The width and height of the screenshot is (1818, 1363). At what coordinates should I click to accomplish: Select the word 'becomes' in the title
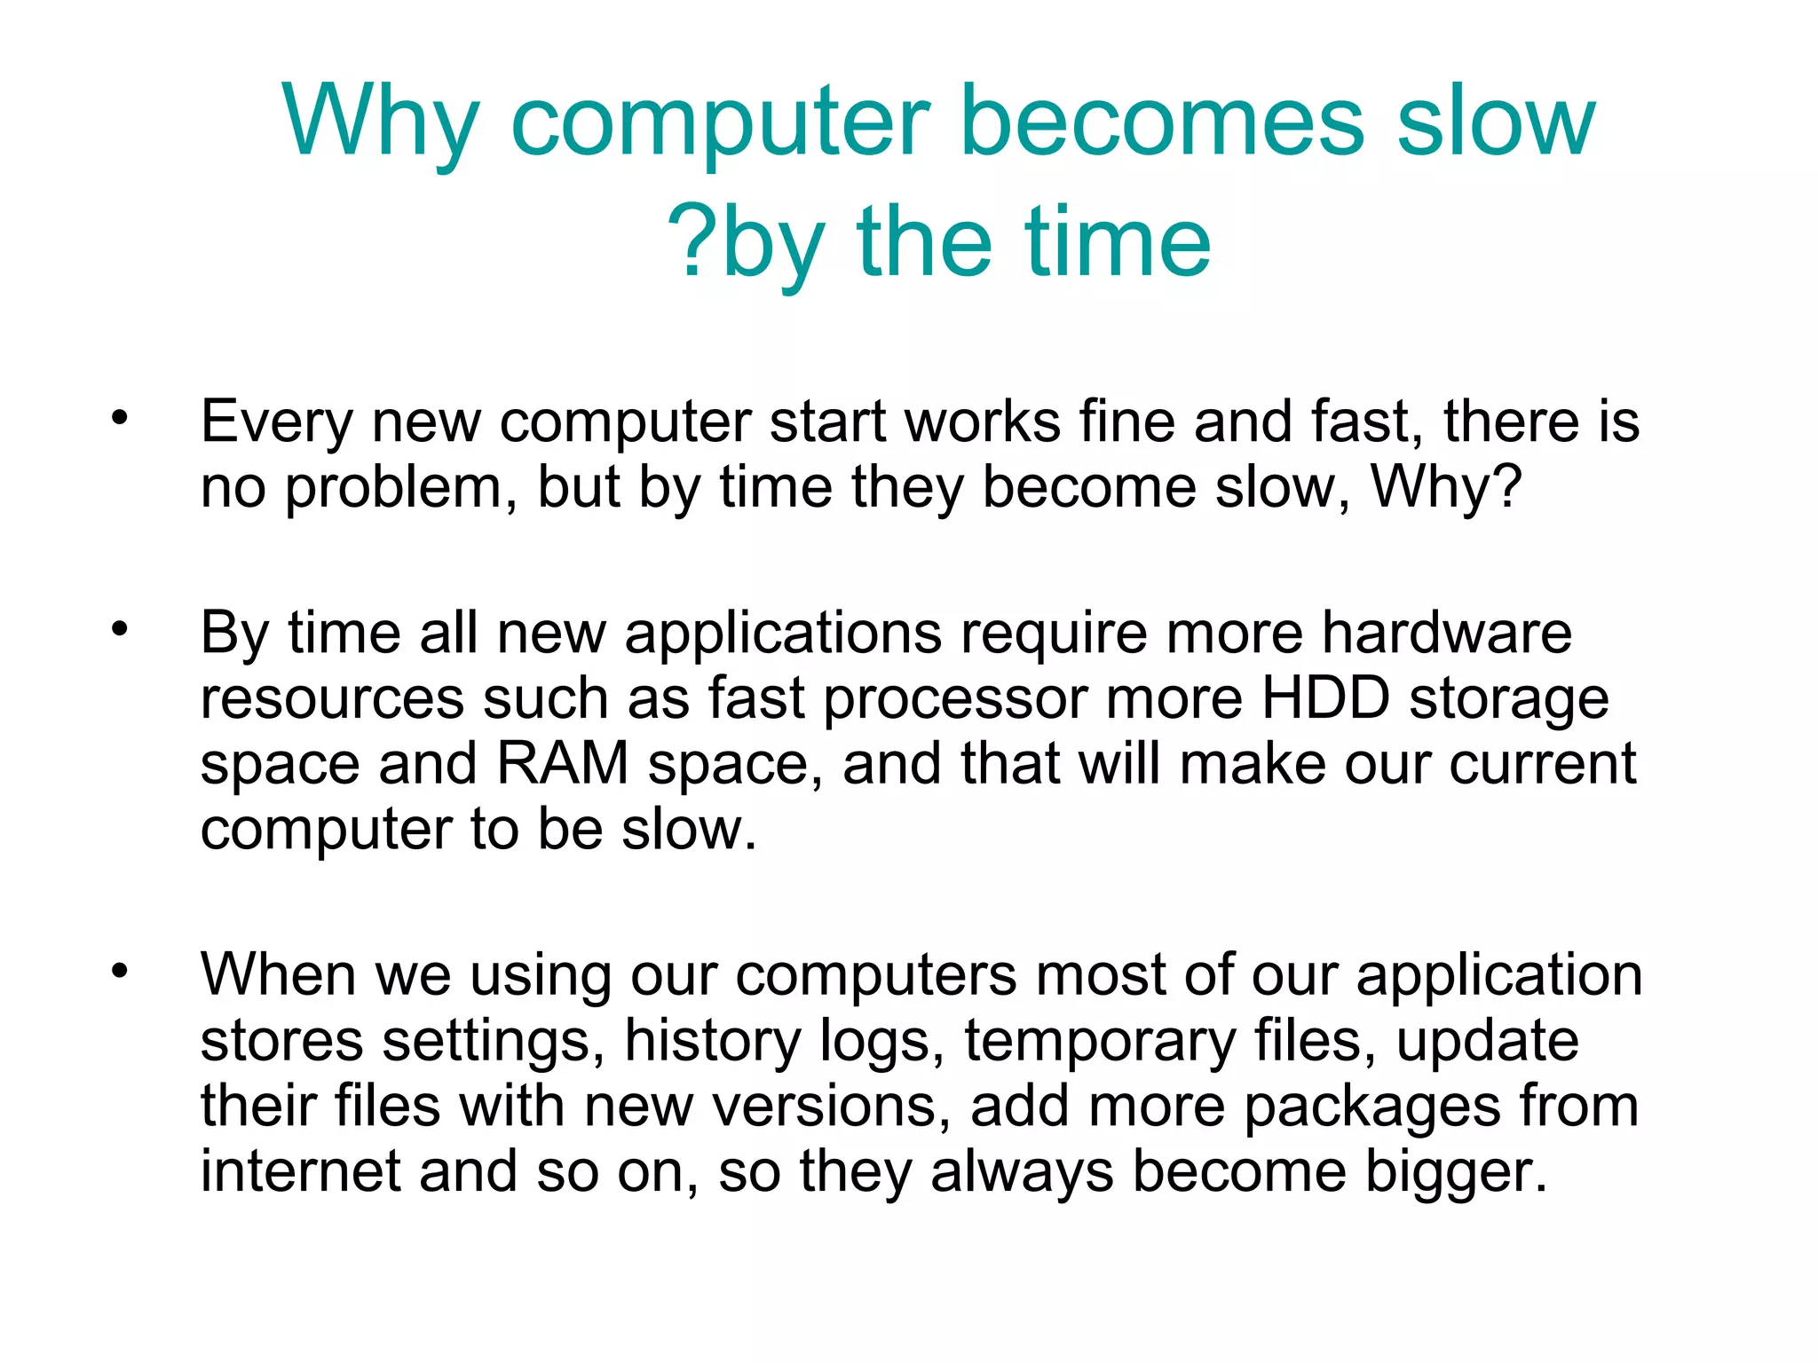coord(1162,121)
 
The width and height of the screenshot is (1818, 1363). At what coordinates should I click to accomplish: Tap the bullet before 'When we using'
coord(120,970)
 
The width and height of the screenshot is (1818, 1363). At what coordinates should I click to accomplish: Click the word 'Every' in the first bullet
coord(276,422)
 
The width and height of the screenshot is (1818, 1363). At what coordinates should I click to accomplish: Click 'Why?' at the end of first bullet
coord(1446,488)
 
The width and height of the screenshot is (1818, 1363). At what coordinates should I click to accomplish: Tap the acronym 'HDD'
coord(1325,698)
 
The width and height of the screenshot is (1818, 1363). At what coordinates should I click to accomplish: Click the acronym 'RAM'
coord(562,764)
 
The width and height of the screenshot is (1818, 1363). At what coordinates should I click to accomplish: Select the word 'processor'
coord(955,700)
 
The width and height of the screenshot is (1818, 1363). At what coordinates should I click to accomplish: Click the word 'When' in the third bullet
coord(278,974)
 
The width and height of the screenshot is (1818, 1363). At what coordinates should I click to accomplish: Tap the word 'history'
coord(712,1041)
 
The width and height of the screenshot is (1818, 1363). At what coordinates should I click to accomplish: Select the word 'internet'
coord(300,1171)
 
